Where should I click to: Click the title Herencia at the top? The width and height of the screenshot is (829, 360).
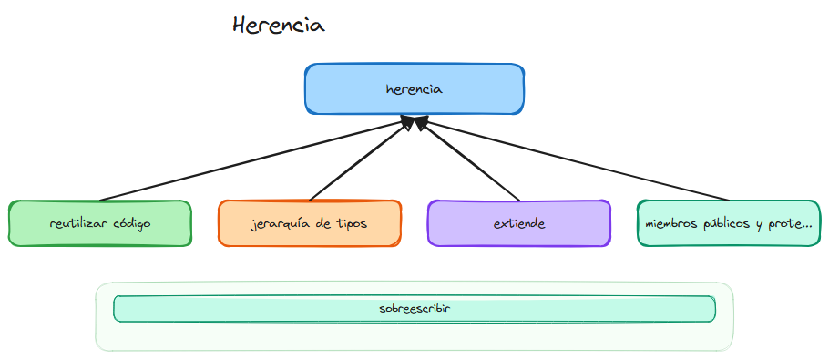278,26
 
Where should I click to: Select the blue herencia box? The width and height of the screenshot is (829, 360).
414,89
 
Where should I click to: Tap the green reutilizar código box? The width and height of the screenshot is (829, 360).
100,223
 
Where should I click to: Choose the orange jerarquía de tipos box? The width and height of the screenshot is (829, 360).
310,223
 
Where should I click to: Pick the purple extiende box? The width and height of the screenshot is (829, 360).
518,223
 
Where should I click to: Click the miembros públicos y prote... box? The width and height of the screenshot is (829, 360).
729,223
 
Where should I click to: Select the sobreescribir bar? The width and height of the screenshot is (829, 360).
414,309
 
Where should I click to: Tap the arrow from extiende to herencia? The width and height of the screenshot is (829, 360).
469,159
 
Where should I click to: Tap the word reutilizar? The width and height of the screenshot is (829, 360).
77,223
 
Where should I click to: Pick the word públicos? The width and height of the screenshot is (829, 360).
728,223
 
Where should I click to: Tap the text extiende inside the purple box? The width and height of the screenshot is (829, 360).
518,223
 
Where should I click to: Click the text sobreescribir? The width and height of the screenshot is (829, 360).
414,309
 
